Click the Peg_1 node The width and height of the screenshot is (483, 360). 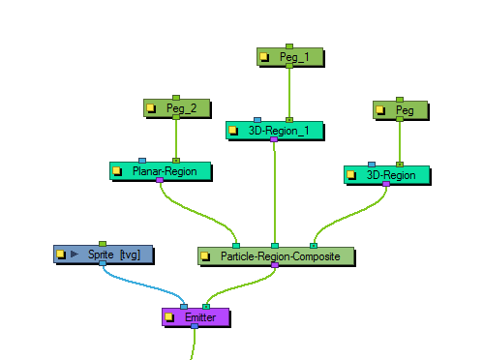(x=293, y=57)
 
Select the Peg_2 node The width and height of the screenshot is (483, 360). (x=181, y=108)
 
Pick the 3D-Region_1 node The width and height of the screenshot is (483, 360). (x=278, y=130)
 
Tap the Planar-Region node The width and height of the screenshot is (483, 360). (x=165, y=171)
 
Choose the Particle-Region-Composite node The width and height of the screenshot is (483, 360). (x=281, y=256)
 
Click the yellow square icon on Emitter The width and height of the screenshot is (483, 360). (x=169, y=316)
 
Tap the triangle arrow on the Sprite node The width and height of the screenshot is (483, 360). (x=74, y=255)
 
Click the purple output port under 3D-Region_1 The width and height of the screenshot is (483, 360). (x=274, y=140)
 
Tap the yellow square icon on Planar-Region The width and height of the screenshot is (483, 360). (x=118, y=171)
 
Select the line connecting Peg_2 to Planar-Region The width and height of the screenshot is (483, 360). (x=175, y=140)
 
